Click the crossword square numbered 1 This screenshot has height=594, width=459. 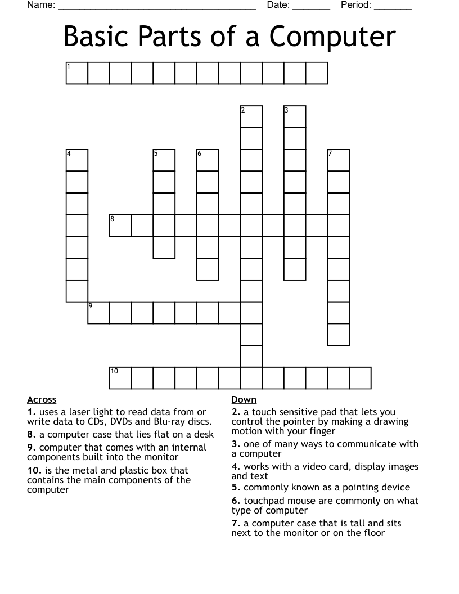click(77, 73)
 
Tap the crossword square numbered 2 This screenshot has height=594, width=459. click(251, 116)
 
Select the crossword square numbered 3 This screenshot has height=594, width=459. click(295, 116)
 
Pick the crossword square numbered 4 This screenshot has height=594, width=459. click(77, 160)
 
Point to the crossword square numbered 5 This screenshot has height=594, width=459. click(164, 160)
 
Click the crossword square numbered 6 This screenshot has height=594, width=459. click(208, 160)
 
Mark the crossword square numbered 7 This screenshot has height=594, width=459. click(339, 160)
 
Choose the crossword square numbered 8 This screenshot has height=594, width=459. click(120, 226)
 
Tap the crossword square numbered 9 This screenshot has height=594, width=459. click(99, 313)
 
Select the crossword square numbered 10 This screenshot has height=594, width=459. click(120, 378)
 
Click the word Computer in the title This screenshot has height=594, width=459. click(332, 37)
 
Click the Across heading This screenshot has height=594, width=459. click(42, 400)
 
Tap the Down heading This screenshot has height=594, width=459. click(244, 400)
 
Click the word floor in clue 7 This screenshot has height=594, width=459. click(373, 533)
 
